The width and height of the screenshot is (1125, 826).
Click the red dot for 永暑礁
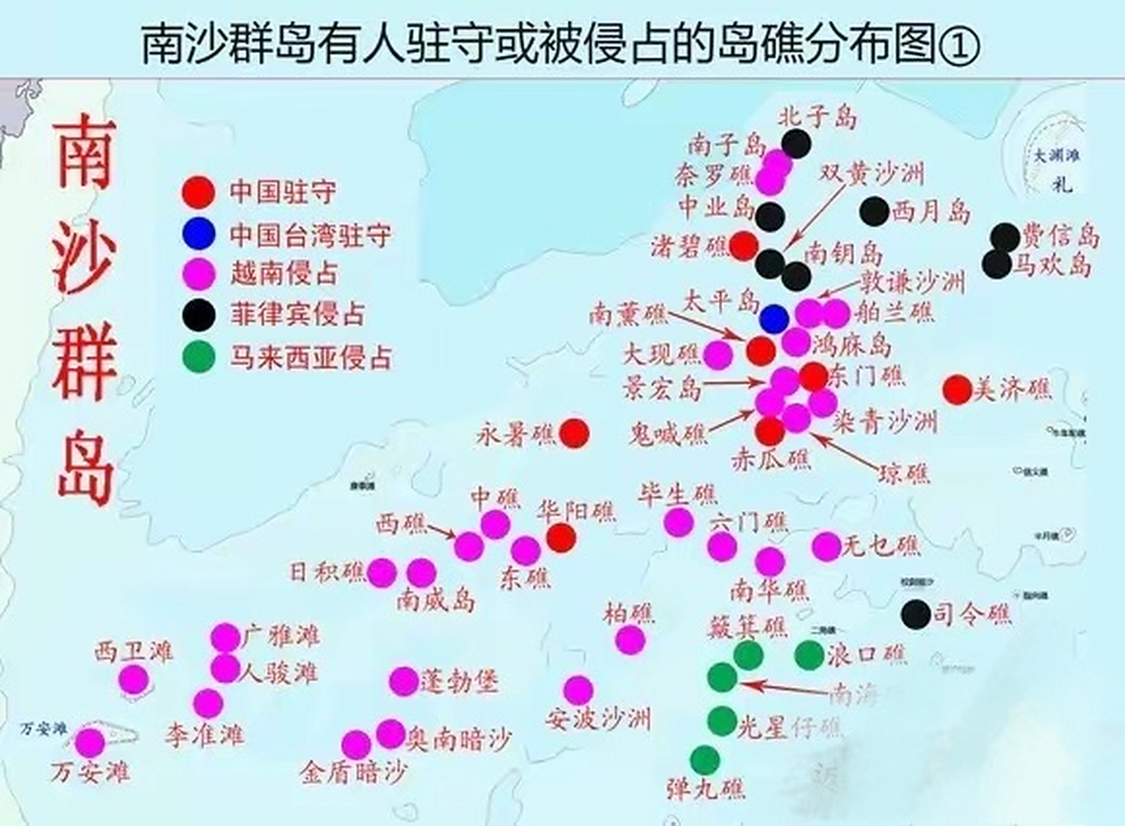[574, 433]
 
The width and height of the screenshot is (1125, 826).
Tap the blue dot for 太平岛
[774, 318]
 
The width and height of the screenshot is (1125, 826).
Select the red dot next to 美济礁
[957, 390]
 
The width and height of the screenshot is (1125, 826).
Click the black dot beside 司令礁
[915, 614]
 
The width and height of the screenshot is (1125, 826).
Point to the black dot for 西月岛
[875, 212]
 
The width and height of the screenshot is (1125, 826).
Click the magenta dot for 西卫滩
[134, 679]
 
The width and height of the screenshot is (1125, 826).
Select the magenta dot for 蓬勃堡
[404, 681]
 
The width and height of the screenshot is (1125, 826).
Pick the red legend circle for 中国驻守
[198, 192]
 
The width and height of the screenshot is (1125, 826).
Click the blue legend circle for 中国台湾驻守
[198, 234]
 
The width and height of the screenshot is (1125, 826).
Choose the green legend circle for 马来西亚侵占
[198, 356]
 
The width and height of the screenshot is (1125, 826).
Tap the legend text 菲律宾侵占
[298, 314]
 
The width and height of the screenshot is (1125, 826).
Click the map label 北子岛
[818, 117]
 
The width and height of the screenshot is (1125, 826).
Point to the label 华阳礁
[576, 512]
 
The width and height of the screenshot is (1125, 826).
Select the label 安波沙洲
[598, 719]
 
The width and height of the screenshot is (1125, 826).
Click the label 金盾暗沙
[354, 772]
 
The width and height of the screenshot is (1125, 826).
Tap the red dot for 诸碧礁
[744, 246]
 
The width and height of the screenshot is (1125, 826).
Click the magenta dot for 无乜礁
[826, 547]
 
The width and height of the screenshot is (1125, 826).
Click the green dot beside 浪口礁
[809, 656]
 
